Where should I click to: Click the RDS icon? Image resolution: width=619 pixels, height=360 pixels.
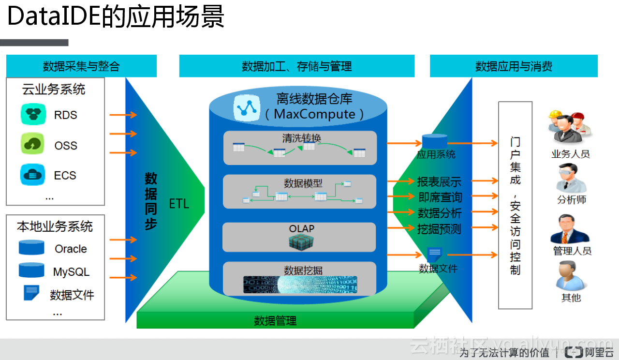click(33, 115)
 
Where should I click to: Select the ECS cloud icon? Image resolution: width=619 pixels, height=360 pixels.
click(33, 175)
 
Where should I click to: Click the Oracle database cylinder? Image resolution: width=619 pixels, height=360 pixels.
click(31, 248)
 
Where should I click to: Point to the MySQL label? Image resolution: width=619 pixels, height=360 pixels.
click(71, 272)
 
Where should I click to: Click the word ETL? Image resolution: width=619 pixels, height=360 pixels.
click(179, 204)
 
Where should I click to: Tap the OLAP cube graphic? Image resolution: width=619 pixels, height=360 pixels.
click(301, 241)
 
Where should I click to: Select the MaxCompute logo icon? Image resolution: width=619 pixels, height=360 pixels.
click(247, 107)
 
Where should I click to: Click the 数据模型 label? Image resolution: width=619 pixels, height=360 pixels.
click(303, 183)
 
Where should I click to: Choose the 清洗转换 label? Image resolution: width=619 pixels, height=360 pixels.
click(301, 138)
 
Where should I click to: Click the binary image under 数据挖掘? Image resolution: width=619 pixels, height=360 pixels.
click(300, 285)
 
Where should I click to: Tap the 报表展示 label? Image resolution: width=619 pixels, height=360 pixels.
click(439, 182)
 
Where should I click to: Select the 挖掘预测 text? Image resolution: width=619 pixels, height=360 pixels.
click(439, 229)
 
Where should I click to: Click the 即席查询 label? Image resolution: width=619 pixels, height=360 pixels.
click(440, 197)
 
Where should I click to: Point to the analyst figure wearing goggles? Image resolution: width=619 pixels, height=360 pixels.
click(571, 178)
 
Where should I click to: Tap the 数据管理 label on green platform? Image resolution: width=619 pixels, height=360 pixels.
click(275, 320)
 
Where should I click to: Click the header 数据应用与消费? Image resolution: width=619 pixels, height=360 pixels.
click(514, 66)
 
